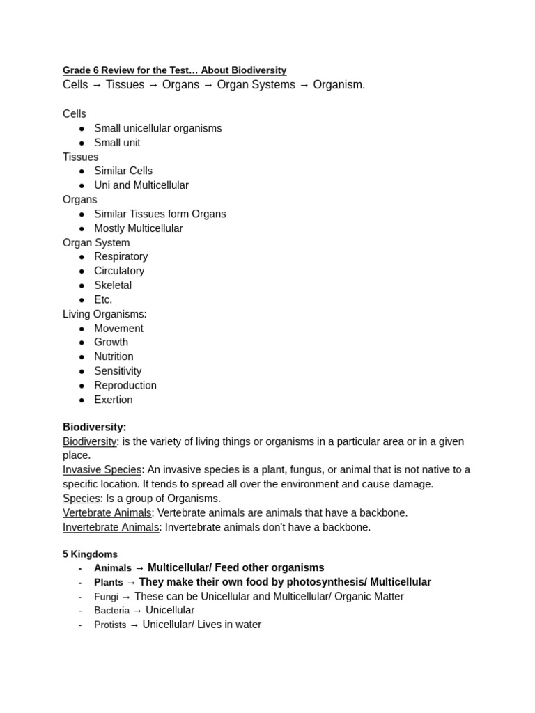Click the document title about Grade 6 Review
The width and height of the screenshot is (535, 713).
pos(174,70)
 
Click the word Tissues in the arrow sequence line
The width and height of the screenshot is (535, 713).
pos(125,85)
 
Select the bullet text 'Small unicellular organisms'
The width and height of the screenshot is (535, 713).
pos(158,128)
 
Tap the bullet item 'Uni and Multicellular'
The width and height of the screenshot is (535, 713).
pos(141,185)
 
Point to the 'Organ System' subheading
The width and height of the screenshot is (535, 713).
pos(96,243)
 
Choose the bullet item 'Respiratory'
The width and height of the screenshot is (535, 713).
pos(121,257)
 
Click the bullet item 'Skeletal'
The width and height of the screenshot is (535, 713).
pos(113,285)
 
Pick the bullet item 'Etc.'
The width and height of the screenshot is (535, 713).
pos(103,300)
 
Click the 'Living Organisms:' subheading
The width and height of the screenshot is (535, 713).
pos(104,314)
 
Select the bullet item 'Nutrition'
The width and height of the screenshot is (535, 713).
pos(114,357)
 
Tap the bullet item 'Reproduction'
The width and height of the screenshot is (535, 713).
pos(125,386)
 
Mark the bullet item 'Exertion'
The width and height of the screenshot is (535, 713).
pos(114,400)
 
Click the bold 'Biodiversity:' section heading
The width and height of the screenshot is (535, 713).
pos(95,427)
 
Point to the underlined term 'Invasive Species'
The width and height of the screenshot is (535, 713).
pos(102,470)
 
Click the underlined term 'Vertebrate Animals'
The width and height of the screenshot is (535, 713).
pos(107,513)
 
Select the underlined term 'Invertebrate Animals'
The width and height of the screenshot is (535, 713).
pos(111,528)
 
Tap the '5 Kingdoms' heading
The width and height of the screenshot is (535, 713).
pos(90,554)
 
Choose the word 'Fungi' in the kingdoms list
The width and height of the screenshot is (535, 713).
pos(106,597)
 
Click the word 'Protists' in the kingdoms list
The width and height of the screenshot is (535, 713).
pos(110,625)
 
